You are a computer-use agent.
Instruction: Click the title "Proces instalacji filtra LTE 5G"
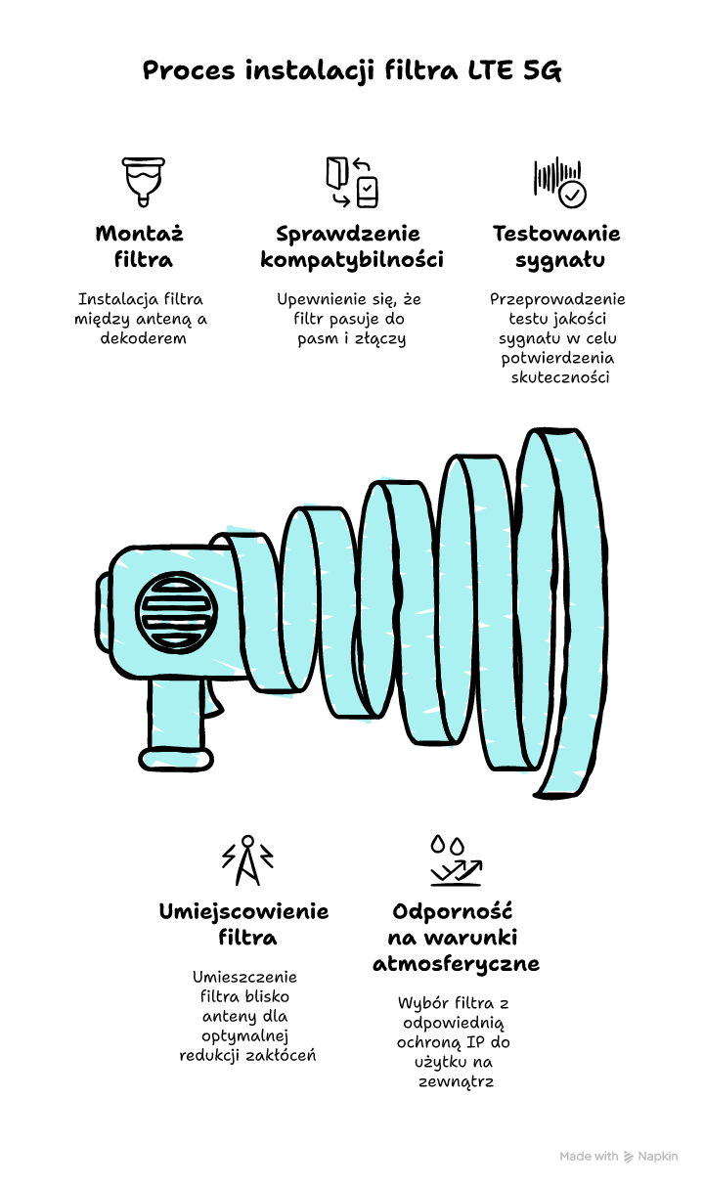pos(352,71)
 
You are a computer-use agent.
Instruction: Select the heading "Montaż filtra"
pos(140,246)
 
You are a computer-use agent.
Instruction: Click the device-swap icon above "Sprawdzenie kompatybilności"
pos(351,182)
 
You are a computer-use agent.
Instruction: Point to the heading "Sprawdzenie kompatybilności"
pos(351,246)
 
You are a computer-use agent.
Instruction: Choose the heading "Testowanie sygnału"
pos(556,246)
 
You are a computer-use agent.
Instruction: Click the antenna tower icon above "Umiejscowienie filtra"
pos(247,860)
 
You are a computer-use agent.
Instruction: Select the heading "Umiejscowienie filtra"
pos(243,924)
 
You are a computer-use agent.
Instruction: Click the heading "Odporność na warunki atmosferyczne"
pos(455,937)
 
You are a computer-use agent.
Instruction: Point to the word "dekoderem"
pos(142,338)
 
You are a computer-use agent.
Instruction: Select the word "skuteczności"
pos(560,377)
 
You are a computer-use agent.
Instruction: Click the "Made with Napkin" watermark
pos(618,1156)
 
